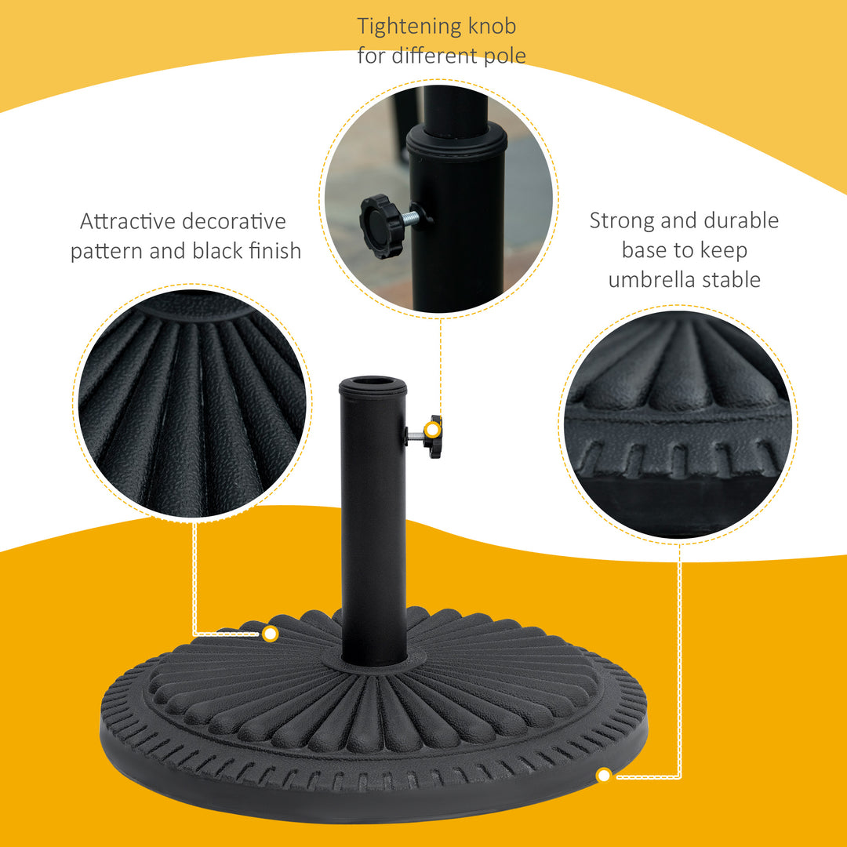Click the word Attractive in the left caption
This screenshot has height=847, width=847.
pos(127,222)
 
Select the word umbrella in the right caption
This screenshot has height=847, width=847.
pos(654,280)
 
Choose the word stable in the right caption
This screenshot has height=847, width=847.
pos(732,280)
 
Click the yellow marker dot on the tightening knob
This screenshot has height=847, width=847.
pos(431,429)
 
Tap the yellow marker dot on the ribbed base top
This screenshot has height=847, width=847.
pos(271,633)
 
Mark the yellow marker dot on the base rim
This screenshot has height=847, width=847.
pos(603,776)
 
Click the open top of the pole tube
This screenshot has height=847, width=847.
pos(373,384)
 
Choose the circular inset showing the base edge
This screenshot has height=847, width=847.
pos(678,423)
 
